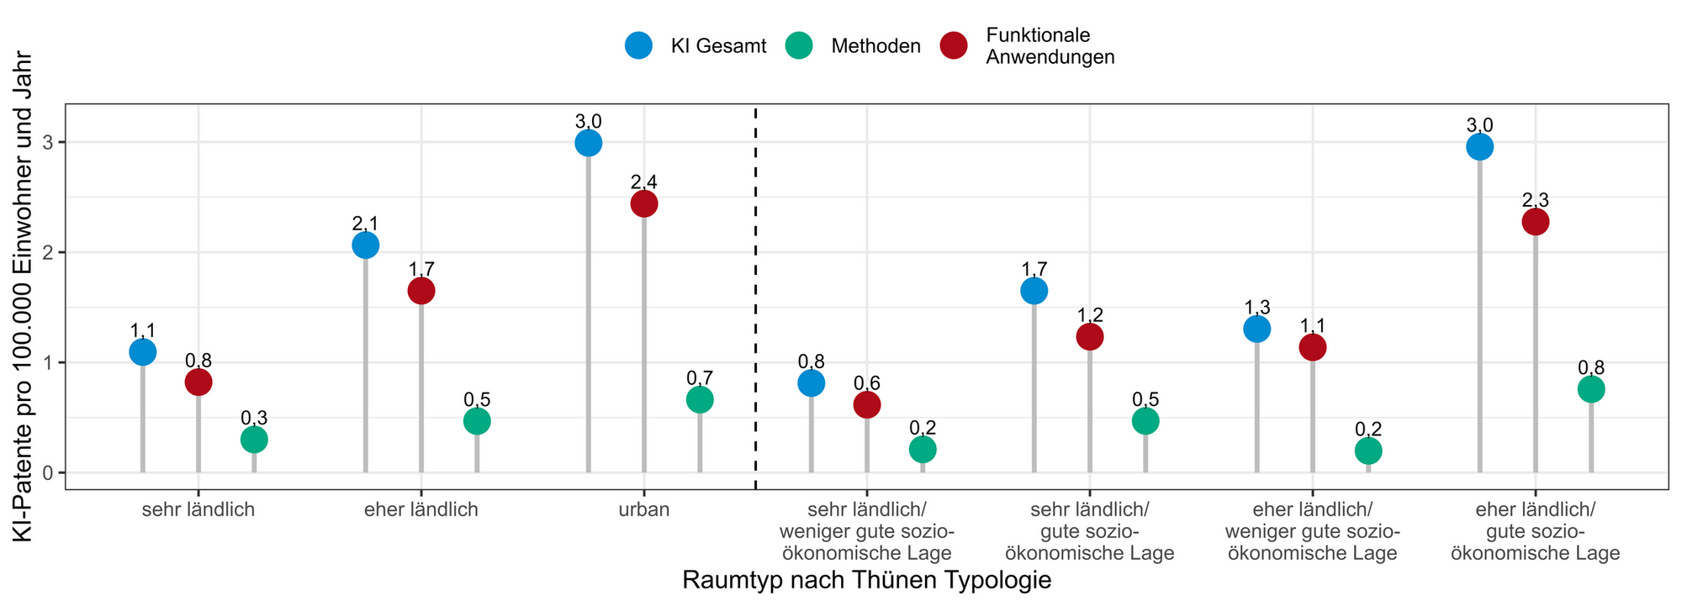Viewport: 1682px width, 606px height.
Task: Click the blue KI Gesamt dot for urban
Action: (589, 143)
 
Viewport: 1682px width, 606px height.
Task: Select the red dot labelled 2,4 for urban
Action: (644, 203)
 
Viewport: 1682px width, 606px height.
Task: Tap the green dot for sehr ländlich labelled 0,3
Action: (254, 440)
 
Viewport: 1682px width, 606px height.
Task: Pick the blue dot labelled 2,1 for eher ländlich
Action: (366, 245)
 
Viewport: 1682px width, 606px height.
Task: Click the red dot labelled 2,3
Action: (1536, 222)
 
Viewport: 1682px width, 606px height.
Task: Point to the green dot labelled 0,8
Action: (1591, 389)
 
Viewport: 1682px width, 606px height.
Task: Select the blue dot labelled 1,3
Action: (1257, 329)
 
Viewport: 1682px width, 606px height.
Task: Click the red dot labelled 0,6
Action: (867, 405)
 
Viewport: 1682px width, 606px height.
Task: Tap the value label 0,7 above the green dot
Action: (700, 378)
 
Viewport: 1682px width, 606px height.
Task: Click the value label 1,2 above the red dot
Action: (1090, 315)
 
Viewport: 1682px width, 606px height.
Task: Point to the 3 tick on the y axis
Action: (48, 143)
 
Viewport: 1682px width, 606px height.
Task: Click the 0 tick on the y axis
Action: (48, 473)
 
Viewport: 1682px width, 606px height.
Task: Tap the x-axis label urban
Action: (644, 509)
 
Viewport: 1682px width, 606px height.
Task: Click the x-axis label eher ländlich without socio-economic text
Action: (421, 509)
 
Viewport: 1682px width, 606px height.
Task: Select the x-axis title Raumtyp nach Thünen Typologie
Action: (867, 581)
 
